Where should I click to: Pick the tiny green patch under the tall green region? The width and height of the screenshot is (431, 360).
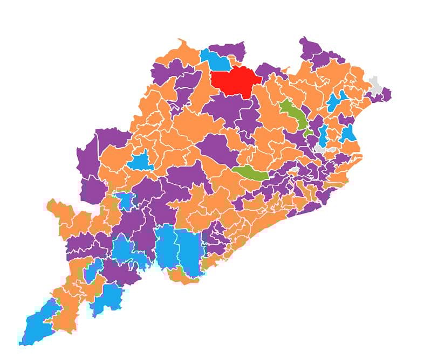(x=307, y=131)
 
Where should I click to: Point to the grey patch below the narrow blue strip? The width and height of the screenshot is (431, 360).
(x=321, y=146)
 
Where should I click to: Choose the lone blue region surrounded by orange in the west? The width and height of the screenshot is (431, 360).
(x=141, y=161)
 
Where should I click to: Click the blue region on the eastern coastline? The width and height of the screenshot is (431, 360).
(x=349, y=133)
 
